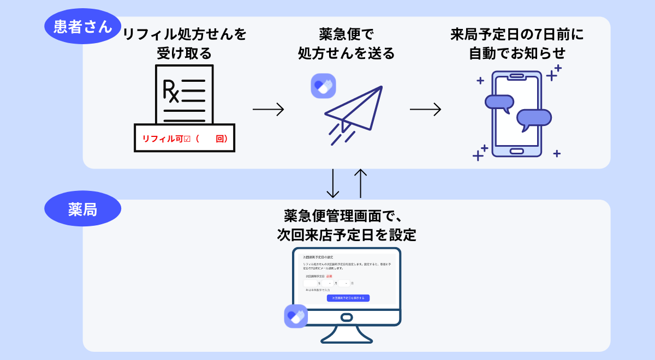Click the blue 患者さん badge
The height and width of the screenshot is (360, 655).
click(x=82, y=26)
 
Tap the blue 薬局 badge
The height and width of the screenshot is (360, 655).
click(x=82, y=208)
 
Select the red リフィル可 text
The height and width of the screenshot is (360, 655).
click(x=163, y=139)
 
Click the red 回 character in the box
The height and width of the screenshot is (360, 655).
click(x=220, y=139)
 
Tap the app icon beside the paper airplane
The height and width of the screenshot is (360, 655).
click(x=323, y=86)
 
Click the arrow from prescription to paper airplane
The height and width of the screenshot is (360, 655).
click(x=268, y=109)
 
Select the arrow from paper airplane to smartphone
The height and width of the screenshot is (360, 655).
click(x=425, y=109)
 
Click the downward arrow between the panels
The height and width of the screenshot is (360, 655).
click(x=332, y=184)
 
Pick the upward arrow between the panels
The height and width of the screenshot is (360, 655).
click(x=360, y=184)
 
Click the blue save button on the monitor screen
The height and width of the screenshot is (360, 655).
click(x=348, y=298)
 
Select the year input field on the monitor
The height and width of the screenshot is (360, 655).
click(x=310, y=283)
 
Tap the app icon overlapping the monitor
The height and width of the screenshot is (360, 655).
click(x=296, y=316)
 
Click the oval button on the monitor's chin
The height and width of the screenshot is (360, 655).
click(x=347, y=317)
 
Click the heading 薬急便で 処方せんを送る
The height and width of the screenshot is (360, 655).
click(x=346, y=44)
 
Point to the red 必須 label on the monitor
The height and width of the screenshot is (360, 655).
click(x=329, y=276)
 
